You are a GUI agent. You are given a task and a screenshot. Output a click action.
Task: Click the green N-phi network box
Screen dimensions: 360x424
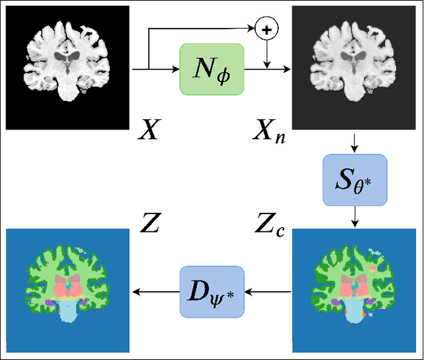point(212,69)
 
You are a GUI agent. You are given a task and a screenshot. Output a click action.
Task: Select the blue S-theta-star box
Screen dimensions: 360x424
point(354,180)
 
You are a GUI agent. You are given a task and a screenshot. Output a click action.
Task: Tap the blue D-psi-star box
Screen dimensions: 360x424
point(212,290)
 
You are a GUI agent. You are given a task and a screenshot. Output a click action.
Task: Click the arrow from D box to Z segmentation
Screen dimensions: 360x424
point(156,290)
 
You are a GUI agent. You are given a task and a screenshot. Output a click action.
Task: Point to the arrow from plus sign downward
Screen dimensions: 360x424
point(267,53)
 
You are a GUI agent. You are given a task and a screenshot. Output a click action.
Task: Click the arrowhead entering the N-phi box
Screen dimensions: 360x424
point(176,69)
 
